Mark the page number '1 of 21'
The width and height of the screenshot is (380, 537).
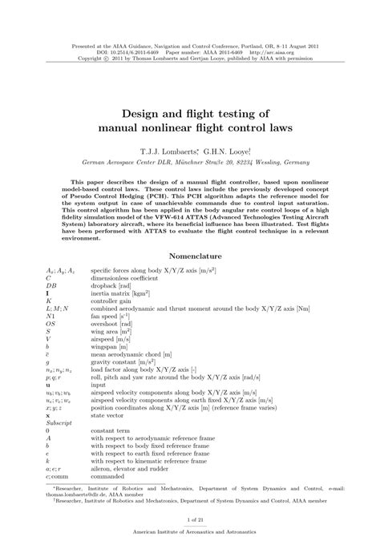[190, 520]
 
